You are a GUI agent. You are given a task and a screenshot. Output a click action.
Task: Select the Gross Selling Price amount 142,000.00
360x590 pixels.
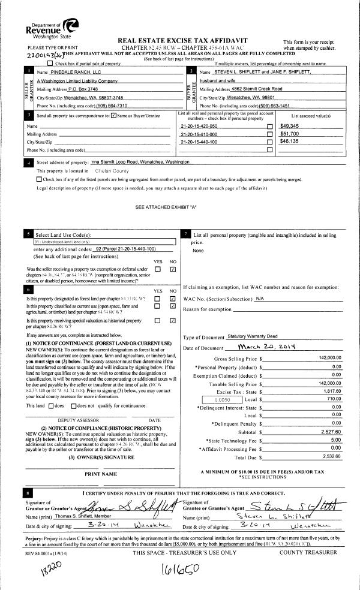(x=326, y=358)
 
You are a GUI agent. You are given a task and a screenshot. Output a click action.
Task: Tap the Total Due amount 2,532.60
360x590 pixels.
(x=331, y=456)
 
